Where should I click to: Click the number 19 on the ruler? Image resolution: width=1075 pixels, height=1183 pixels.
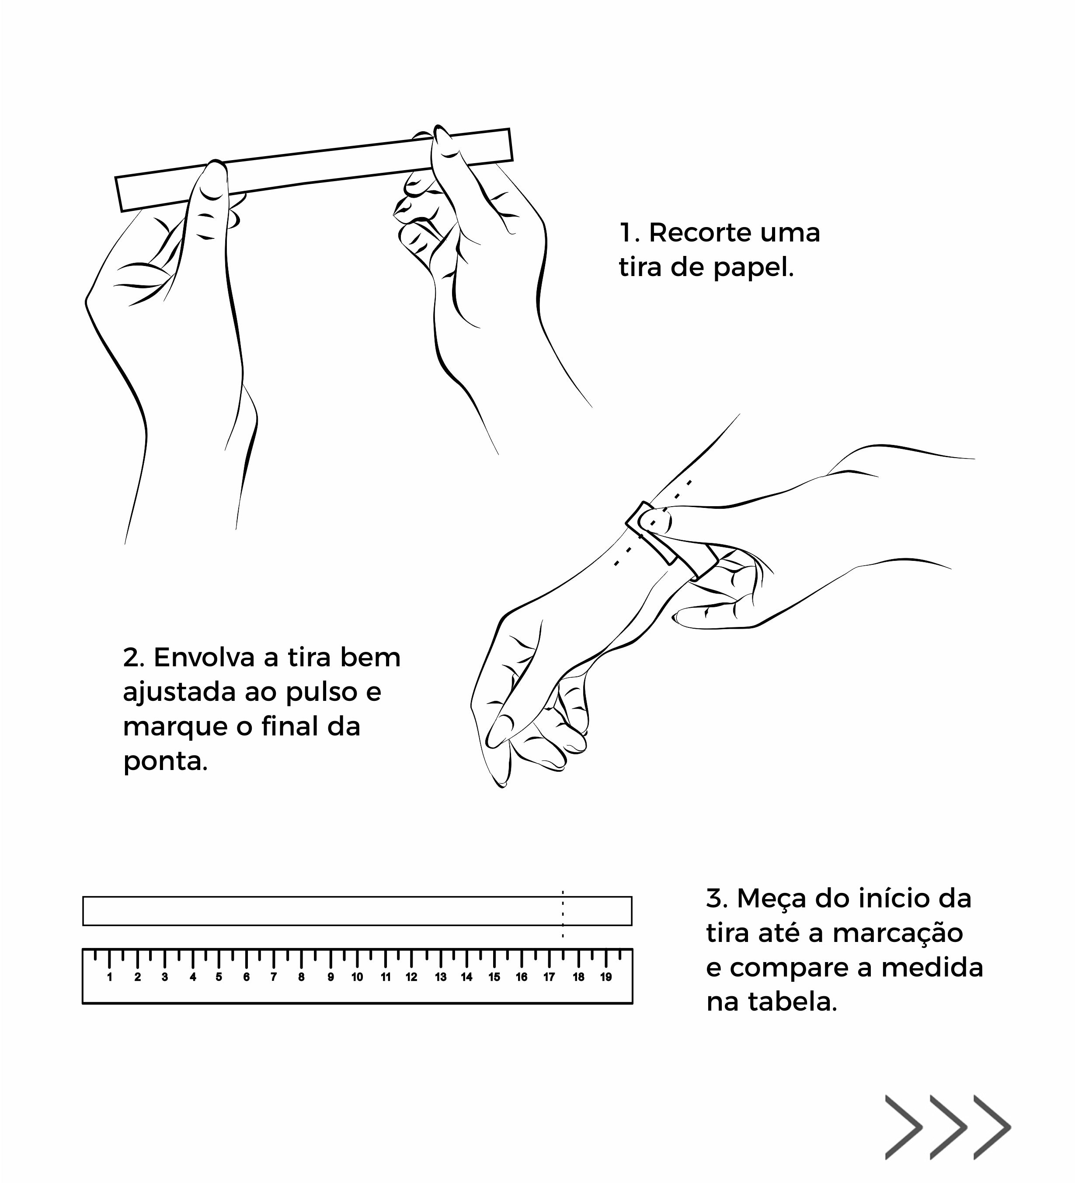[x=606, y=977]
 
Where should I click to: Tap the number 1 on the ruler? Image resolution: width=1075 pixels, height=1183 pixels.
[x=110, y=977]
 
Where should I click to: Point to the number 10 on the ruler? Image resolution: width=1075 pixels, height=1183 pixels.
[x=357, y=977]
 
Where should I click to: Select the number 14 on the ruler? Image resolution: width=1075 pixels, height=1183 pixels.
[x=466, y=977]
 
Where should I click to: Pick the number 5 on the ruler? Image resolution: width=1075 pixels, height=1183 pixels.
[x=219, y=977]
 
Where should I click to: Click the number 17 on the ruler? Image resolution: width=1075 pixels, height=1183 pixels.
[x=549, y=977]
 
